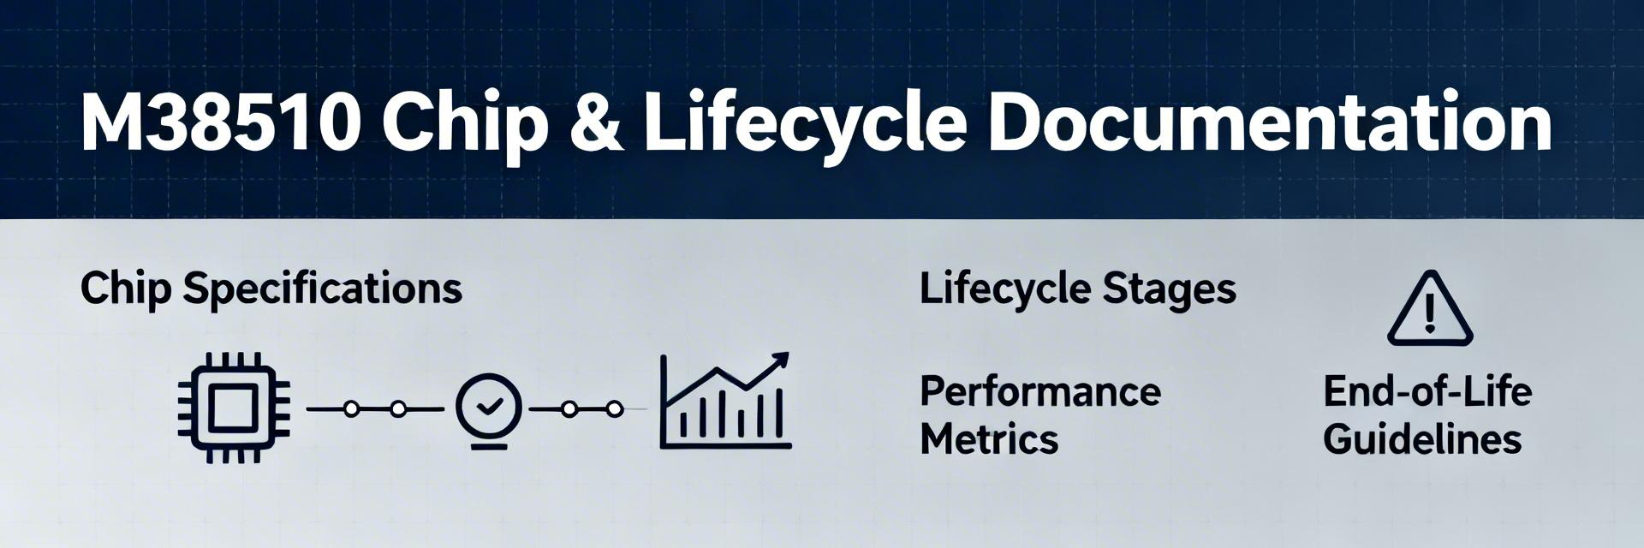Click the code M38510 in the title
(219, 123)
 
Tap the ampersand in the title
(595, 124)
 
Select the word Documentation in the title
(1270, 123)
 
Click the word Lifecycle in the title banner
(805, 127)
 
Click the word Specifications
(323, 289)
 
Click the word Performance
(1040, 391)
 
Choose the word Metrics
(989, 440)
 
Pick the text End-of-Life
(1427, 391)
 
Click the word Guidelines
(1422, 440)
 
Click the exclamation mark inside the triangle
(1429, 313)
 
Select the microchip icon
(234, 408)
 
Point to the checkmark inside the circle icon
(489, 406)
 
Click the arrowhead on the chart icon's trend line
(778, 361)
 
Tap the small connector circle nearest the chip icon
(351, 409)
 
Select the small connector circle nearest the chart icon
(614, 409)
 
